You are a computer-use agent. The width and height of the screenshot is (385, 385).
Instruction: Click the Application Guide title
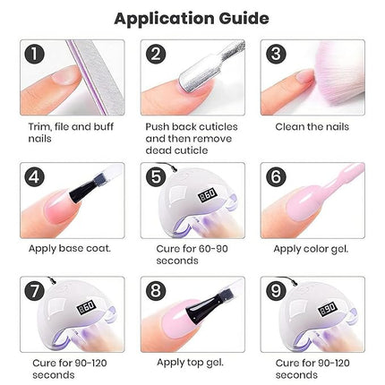click(x=192, y=17)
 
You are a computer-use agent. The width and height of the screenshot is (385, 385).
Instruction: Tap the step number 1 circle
click(x=34, y=55)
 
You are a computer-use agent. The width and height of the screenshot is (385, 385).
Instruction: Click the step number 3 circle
click(x=275, y=55)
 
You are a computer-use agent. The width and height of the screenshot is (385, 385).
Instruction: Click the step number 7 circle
click(x=34, y=292)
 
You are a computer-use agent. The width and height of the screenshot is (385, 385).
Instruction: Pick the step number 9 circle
click(x=275, y=292)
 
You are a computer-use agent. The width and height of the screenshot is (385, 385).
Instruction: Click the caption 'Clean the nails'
click(x=312, y=127)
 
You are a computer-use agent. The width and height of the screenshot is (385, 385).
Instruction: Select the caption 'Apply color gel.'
click(x=312, y=247)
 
